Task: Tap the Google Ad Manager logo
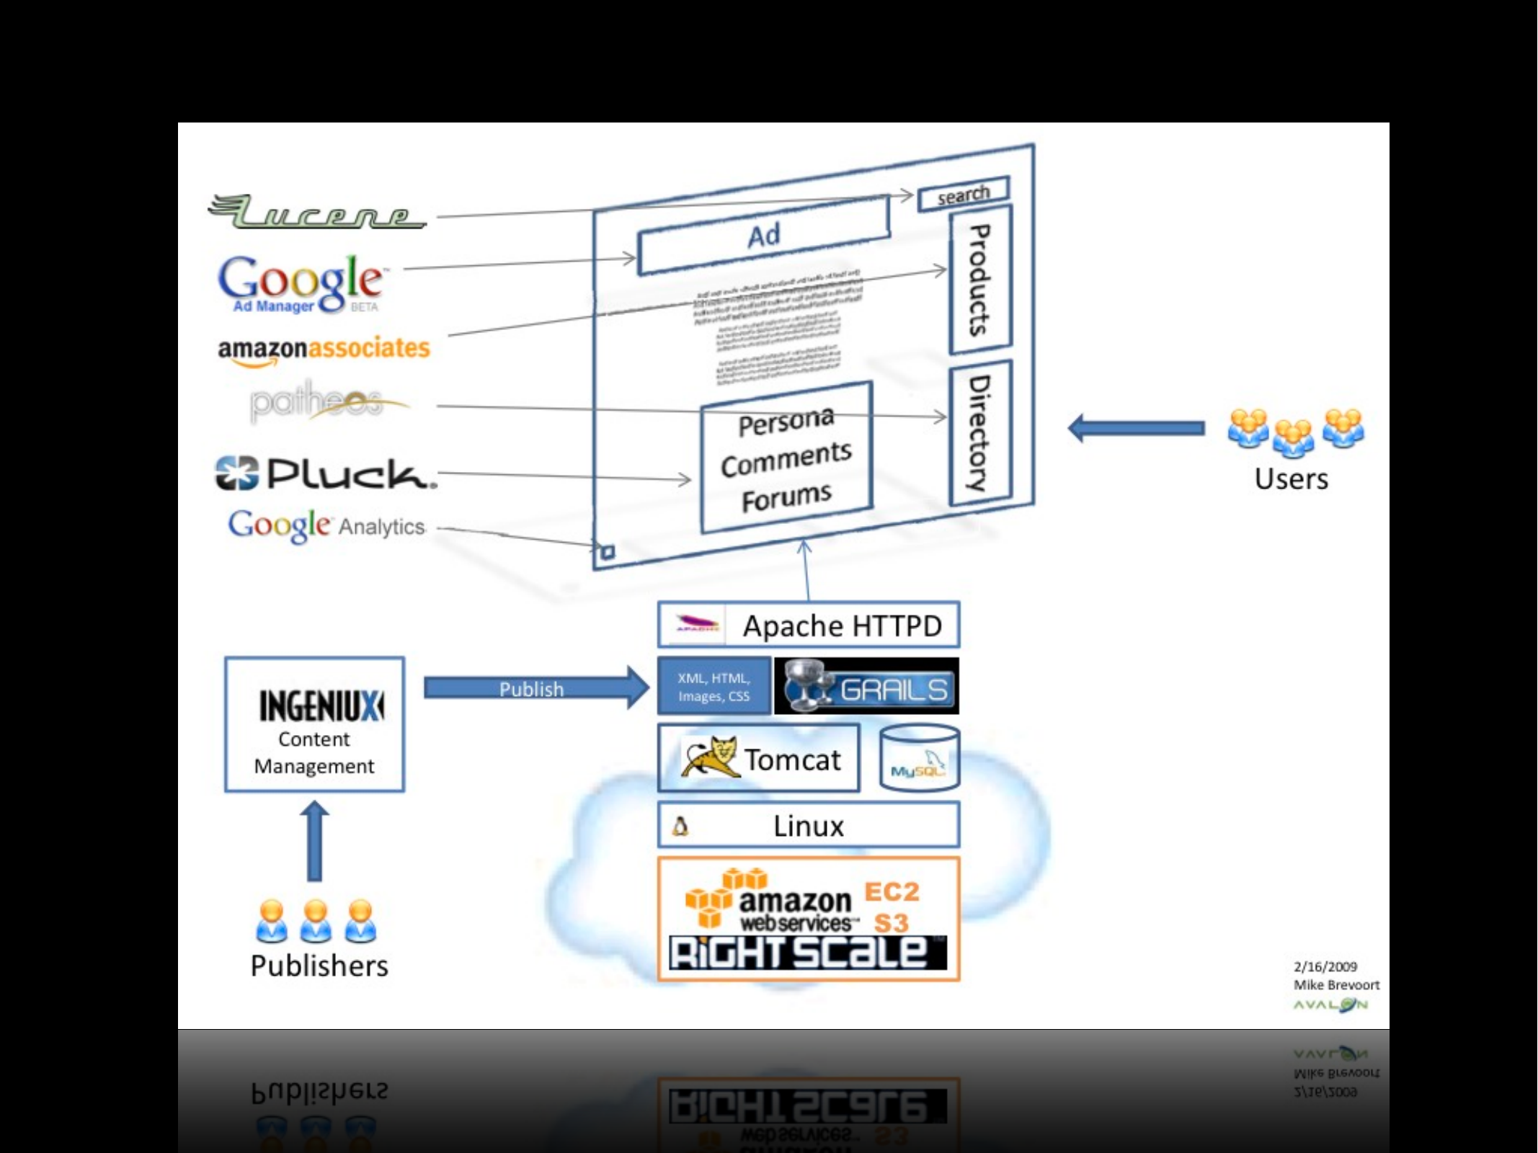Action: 301,284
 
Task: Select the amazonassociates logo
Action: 324,350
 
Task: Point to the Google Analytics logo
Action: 326,525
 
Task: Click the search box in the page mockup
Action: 964,194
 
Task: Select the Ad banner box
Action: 764,235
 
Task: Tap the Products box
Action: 980,280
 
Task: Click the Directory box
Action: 980,433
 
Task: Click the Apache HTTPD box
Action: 809,626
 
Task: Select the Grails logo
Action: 866,686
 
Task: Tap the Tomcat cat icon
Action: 710,757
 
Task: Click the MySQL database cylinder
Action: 920,758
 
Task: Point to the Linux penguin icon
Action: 680,826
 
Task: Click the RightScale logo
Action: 808,953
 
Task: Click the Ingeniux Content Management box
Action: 314,724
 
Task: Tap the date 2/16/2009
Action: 1325,966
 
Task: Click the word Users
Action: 1291,479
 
